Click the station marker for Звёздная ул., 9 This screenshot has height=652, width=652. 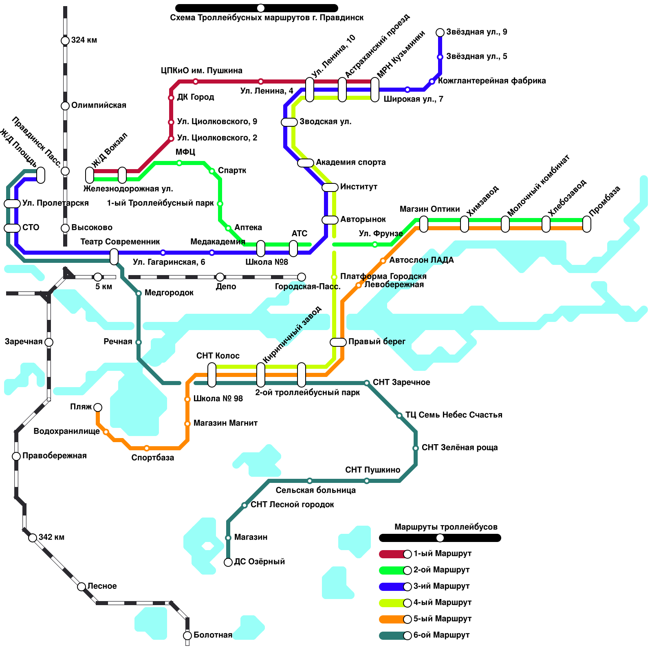440,33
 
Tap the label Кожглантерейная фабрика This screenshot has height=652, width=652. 492,81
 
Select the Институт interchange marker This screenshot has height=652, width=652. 330,187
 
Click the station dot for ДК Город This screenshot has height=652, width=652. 171,98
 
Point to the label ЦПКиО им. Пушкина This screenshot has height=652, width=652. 201,70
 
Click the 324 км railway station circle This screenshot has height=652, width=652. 65,40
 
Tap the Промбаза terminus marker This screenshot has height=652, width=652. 587,224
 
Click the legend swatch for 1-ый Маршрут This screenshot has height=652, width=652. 393,554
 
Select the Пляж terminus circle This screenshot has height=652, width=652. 98,407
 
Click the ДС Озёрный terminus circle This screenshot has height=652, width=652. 228,562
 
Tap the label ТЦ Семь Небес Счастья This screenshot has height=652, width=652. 454,415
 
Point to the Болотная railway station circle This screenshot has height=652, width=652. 187,635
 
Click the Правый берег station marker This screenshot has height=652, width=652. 338,342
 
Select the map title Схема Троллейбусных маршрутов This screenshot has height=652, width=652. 267,18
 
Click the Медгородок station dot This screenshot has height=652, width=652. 139,293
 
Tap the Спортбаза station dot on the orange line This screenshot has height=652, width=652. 147,448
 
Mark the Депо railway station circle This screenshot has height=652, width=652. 220,277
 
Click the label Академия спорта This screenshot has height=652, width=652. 350,162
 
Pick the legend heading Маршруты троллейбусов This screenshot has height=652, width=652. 446,527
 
